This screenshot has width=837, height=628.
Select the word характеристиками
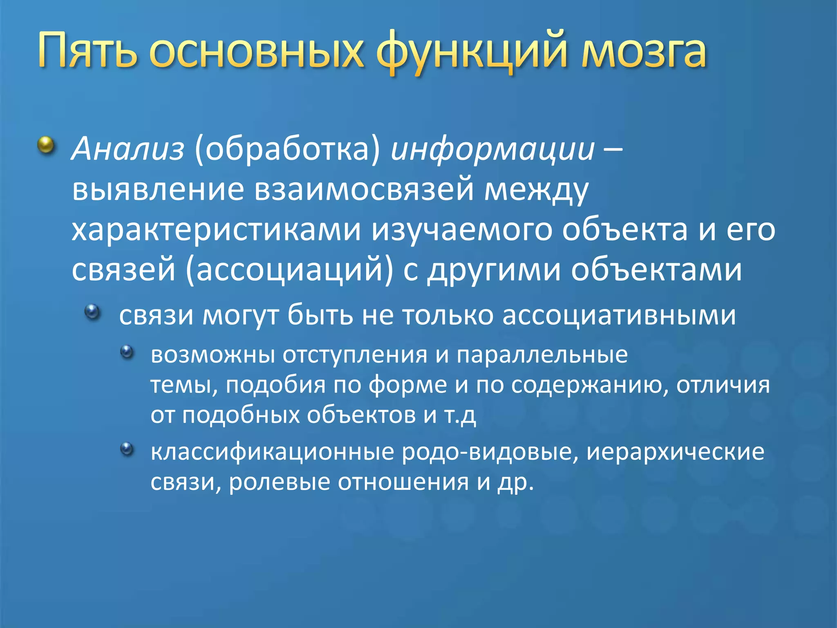(x=216, y=231)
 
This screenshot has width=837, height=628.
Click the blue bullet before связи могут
(x=92, y=312)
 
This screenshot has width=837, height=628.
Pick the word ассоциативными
(x=619, y=316)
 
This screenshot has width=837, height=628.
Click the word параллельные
(x=542, y=355)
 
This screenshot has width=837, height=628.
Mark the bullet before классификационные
(x=128, y=449)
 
